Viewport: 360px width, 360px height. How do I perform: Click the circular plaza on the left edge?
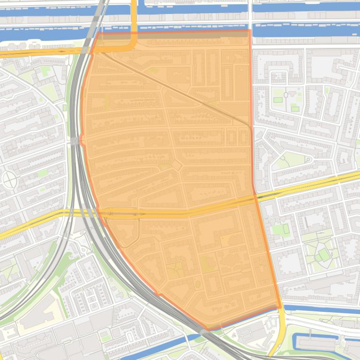[9, 179]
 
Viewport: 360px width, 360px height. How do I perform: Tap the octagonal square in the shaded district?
[176, 165]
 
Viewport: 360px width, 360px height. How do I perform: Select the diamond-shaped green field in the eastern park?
[323, 255]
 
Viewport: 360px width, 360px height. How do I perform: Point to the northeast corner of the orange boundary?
[250, 31]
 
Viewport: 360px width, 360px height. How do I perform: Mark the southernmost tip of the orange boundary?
[210, 329]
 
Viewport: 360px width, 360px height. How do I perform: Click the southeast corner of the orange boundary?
[280, 307]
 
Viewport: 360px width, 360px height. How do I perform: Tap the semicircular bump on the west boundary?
[82, 139]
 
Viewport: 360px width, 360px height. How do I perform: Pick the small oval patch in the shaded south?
[198, 284]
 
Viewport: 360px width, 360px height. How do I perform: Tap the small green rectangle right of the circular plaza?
[43, 173]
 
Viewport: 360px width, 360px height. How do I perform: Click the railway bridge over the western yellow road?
[80, 213]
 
